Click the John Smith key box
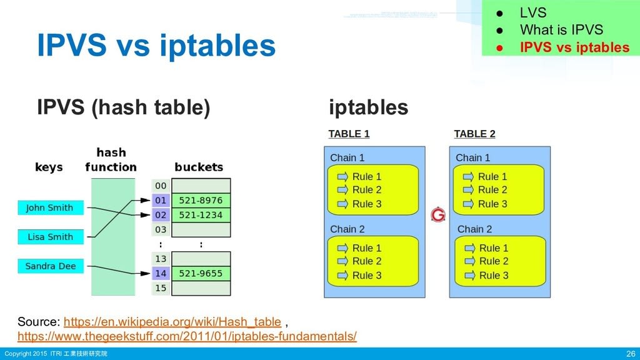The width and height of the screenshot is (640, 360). pos(50,207)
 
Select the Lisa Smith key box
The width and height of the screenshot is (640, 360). pos(50,237)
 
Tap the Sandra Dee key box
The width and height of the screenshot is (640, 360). pos(50,266)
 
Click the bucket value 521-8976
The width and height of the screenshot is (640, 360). pos(200,201)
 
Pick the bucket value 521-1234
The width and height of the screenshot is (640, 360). pos(200,215)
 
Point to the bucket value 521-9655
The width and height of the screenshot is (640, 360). pos(200,273)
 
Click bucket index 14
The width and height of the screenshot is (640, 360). pos(161,273)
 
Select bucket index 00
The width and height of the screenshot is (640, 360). pos(161,186)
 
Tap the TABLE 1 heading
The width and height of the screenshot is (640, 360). pos(349,134)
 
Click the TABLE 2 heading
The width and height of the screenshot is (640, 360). pos(474,134)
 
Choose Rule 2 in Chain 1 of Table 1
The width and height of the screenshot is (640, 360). pos(366,190)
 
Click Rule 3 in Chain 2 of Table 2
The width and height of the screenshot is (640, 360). pos(493,276)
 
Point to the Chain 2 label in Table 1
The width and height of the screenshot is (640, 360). pos(347,229)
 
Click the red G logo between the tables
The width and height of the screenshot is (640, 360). pos(438,215)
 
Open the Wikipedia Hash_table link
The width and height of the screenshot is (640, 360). pos(172,322)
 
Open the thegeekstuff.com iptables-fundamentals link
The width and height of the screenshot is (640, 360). pos(187,337)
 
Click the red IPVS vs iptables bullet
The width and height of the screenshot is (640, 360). pos(574,47)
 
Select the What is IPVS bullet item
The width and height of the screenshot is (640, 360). pos(561,30)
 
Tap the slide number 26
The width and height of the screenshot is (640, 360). pos(630,354)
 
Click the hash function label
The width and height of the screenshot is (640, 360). pos(111,160)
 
